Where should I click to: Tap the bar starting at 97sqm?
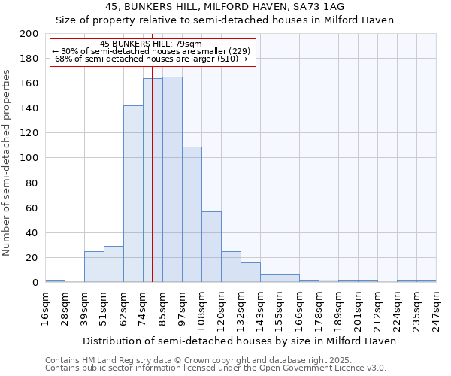tap(192, 214)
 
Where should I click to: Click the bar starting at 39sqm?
tap(94, 266)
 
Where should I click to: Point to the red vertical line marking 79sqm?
tap(152, 188)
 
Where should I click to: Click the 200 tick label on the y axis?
tap(29, 34)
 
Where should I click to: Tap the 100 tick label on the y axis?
tap(29, 158)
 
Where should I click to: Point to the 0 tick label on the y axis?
tap(35, 282)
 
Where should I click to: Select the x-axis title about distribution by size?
tap(239, 341)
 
